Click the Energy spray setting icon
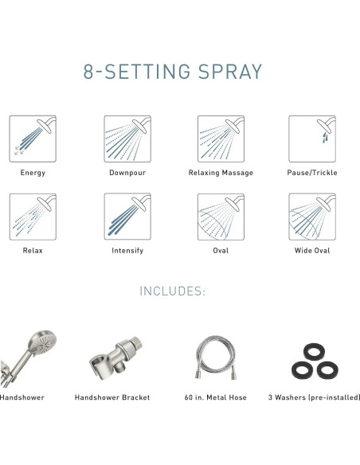pos(33,139)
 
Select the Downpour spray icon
pos(127,139)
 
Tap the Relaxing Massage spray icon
pos(221,139)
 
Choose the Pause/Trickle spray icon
pos(312,139)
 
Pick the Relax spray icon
pos(33,217)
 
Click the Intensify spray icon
pos(127,217)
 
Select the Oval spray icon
pos(221,217)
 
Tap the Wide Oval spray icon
pos(312,217)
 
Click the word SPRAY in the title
pos(230,72)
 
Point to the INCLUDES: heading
pos(173,291)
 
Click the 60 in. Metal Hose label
pos(216,397)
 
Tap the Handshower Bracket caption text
pos(112,397)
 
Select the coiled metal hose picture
pos(216,358)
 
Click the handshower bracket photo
pos(115,358)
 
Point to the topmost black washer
pos(314,352)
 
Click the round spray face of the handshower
pos(43,342)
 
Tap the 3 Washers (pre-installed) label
pos(314,397)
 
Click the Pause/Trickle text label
pos(312,173)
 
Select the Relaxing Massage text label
pos(221,173)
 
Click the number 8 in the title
pos(88,72)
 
